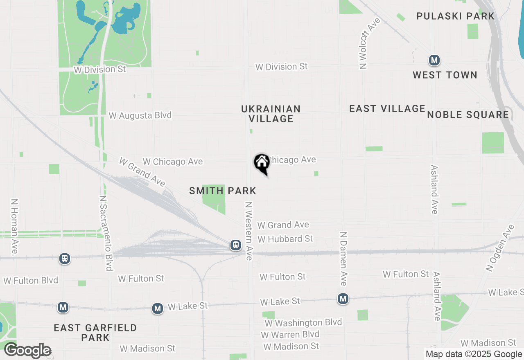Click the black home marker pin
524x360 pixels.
(x=262, y=163)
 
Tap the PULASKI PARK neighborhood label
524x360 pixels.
(x=455, y=16)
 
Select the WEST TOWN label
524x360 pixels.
(x=445, y=75)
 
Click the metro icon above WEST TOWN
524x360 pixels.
(x=434, y=61)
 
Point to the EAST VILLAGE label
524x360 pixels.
(x=387, y=108)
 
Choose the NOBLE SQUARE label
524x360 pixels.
(x=468, y=115)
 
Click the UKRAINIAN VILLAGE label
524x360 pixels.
(x=271, y=114)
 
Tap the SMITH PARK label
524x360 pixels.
(x=223, y=191)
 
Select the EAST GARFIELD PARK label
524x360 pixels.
(x=95, y=333)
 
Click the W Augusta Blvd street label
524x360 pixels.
(x=140, y=115)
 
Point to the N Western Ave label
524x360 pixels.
(x=248, y=231)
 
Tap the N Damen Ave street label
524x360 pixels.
(x=343, y=259)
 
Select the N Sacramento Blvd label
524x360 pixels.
(x=106, y=233)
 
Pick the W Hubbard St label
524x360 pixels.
(x=285, y=239)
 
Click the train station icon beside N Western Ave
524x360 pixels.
(x=236, y=245)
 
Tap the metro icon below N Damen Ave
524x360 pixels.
(x=343, y=299)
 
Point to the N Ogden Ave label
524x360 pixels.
(x=499, y=248)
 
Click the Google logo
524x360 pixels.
(x=27, y=351)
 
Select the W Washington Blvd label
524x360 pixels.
(x=303, y=323)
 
